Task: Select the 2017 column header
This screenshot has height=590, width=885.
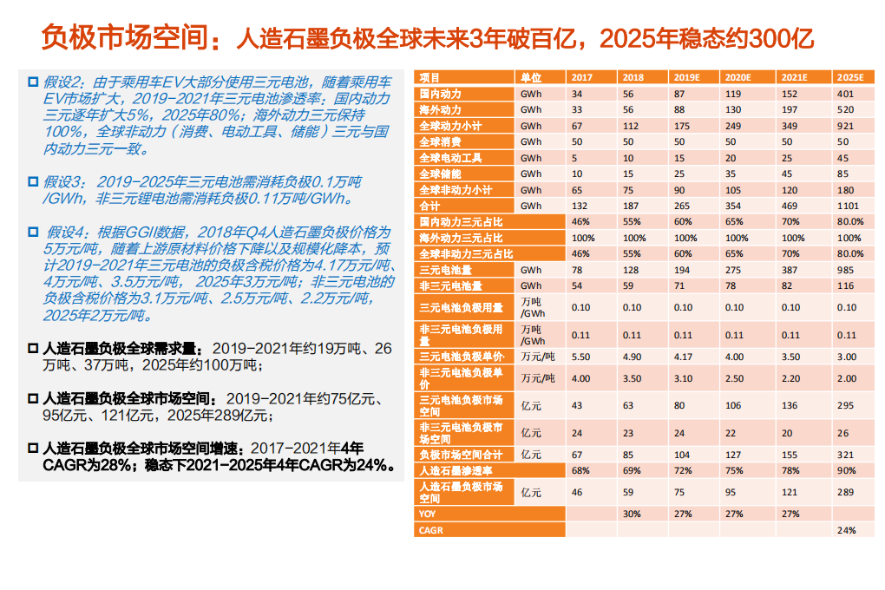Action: [582, 77]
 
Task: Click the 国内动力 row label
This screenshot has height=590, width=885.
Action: [440, 93]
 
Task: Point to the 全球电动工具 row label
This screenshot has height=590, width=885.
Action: [450, 158]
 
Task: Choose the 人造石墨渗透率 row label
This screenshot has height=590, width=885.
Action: [455, 470]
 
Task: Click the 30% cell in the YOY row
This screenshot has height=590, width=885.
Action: [632, 514]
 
